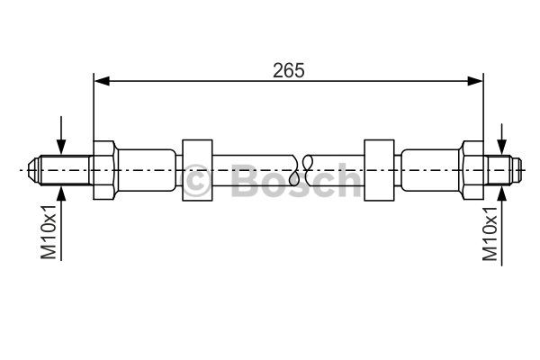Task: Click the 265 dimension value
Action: pos(289,70)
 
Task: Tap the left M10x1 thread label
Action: pos(49,231)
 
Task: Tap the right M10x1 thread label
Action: pos(490,234)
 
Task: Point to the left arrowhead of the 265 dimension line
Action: pos(102,81)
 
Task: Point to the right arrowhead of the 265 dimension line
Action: pos(475,81)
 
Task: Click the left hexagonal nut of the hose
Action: pos(105,170)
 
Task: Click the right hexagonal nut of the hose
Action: pos(472,170)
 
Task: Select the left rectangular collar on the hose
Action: pos(197,170)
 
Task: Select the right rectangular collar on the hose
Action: pos(379,170)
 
